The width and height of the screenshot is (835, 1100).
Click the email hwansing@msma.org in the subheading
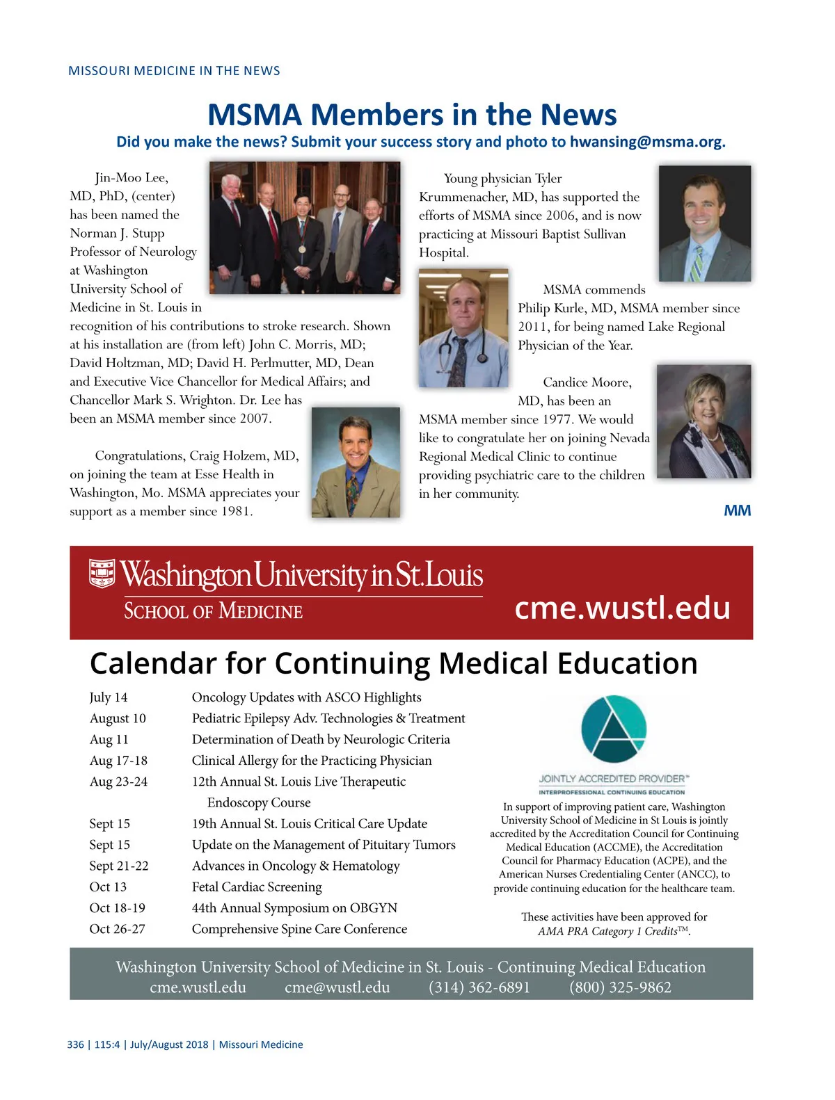647,142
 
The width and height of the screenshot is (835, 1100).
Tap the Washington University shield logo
102,573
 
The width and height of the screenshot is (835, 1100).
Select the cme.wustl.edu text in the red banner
622,608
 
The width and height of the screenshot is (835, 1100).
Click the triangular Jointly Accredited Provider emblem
614,729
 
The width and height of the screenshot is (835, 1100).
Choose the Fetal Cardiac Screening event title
257,887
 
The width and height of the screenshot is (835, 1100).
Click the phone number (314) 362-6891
479,987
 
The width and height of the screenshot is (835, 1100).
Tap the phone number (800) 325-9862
620,987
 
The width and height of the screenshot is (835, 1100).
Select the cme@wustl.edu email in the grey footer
337,987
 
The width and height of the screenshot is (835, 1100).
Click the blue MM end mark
737,511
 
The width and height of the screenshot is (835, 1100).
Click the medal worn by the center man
303,248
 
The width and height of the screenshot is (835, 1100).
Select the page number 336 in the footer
75,1044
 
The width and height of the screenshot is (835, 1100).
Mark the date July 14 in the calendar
109,697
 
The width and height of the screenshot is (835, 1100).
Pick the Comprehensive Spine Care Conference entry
299,929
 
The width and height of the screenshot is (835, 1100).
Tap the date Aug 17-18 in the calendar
118,761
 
